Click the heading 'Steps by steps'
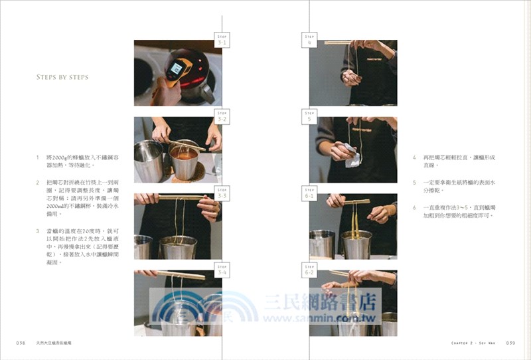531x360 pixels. pyautogui.click(x=62, y=77)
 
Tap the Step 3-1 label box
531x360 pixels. pyautogui.click(x=222, y=39)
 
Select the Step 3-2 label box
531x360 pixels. pyautogui.click(x=222, y=117)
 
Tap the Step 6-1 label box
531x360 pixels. pyautogui.click(x=309, y=193)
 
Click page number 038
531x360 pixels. pyautogui.click(x=21, y=343)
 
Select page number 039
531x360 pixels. pyautogui.click(x=510, y=343)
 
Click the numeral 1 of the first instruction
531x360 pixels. pyautogui.click(x=38, y=157)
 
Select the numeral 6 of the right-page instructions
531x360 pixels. pyautogui.click(x=414, y=207)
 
